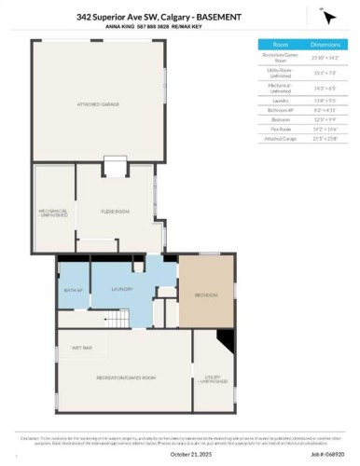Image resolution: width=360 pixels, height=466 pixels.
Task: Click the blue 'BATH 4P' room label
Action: (x=72, y=290)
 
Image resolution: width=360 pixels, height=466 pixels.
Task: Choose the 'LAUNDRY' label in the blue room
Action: (x=120, y=290)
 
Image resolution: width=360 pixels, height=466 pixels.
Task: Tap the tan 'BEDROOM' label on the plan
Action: (x=205, y=295)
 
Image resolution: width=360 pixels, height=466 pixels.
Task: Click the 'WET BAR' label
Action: (x=80, y=348)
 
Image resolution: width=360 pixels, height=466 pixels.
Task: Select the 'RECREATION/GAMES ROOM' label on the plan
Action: (x=125, y=377)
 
